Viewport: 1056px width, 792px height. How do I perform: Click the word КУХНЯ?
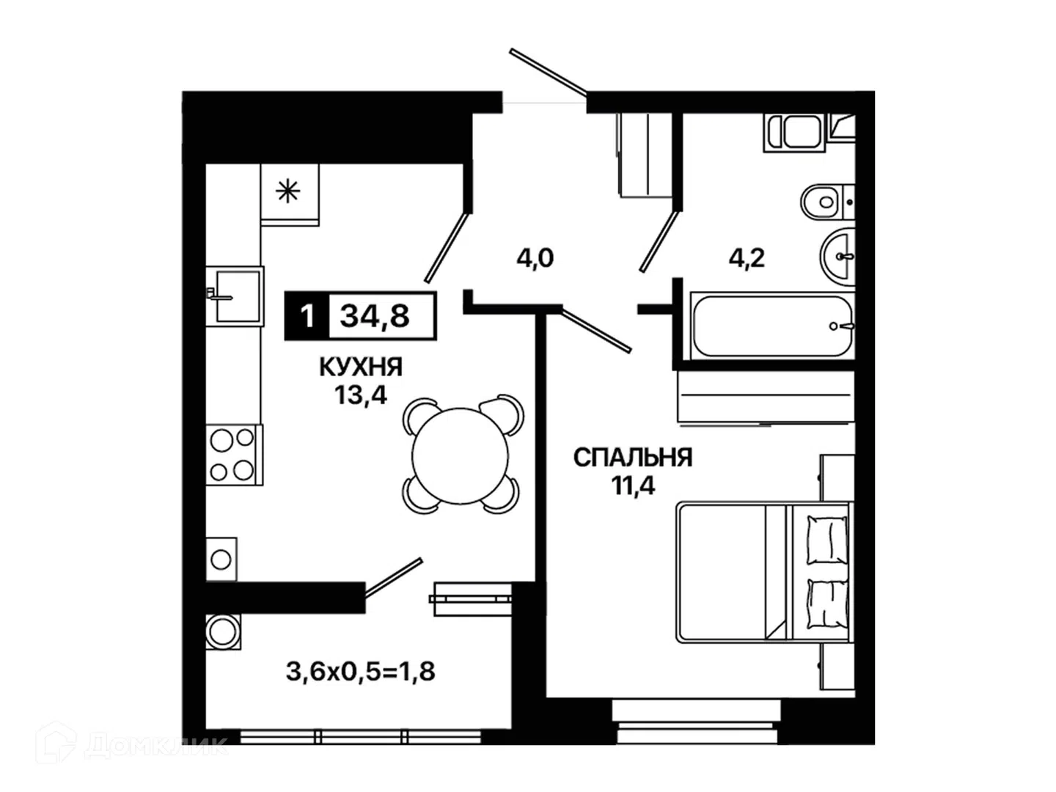point(361,367)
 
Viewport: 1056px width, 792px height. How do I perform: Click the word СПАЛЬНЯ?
point(633,458)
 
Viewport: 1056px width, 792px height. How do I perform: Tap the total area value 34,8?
point(375,316)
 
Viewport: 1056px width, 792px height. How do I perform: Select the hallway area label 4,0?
point(535,258)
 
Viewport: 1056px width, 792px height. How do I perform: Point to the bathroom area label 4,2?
point(747,258)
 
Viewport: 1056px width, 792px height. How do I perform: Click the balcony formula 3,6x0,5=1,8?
point(361,671)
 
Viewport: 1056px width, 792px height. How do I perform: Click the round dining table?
point(460,456)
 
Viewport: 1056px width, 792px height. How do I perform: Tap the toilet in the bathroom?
point(827,202)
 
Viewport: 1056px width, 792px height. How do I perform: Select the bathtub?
point(772,326)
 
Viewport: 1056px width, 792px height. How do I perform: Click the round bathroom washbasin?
point(837,257)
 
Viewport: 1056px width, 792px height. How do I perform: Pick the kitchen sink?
point(235,296)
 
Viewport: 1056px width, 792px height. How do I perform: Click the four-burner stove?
point(234,455)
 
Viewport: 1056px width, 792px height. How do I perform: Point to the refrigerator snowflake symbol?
point(288,191)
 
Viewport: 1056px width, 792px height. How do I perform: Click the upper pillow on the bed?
point(827,540)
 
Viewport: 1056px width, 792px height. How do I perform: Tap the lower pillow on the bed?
point(827,604)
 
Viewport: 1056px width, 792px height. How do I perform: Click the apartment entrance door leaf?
point(548,72)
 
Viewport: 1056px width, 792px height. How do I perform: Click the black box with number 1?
point(307,316)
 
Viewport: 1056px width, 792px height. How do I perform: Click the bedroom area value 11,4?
point(633,485)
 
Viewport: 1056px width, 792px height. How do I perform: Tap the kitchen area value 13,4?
point(361,395)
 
